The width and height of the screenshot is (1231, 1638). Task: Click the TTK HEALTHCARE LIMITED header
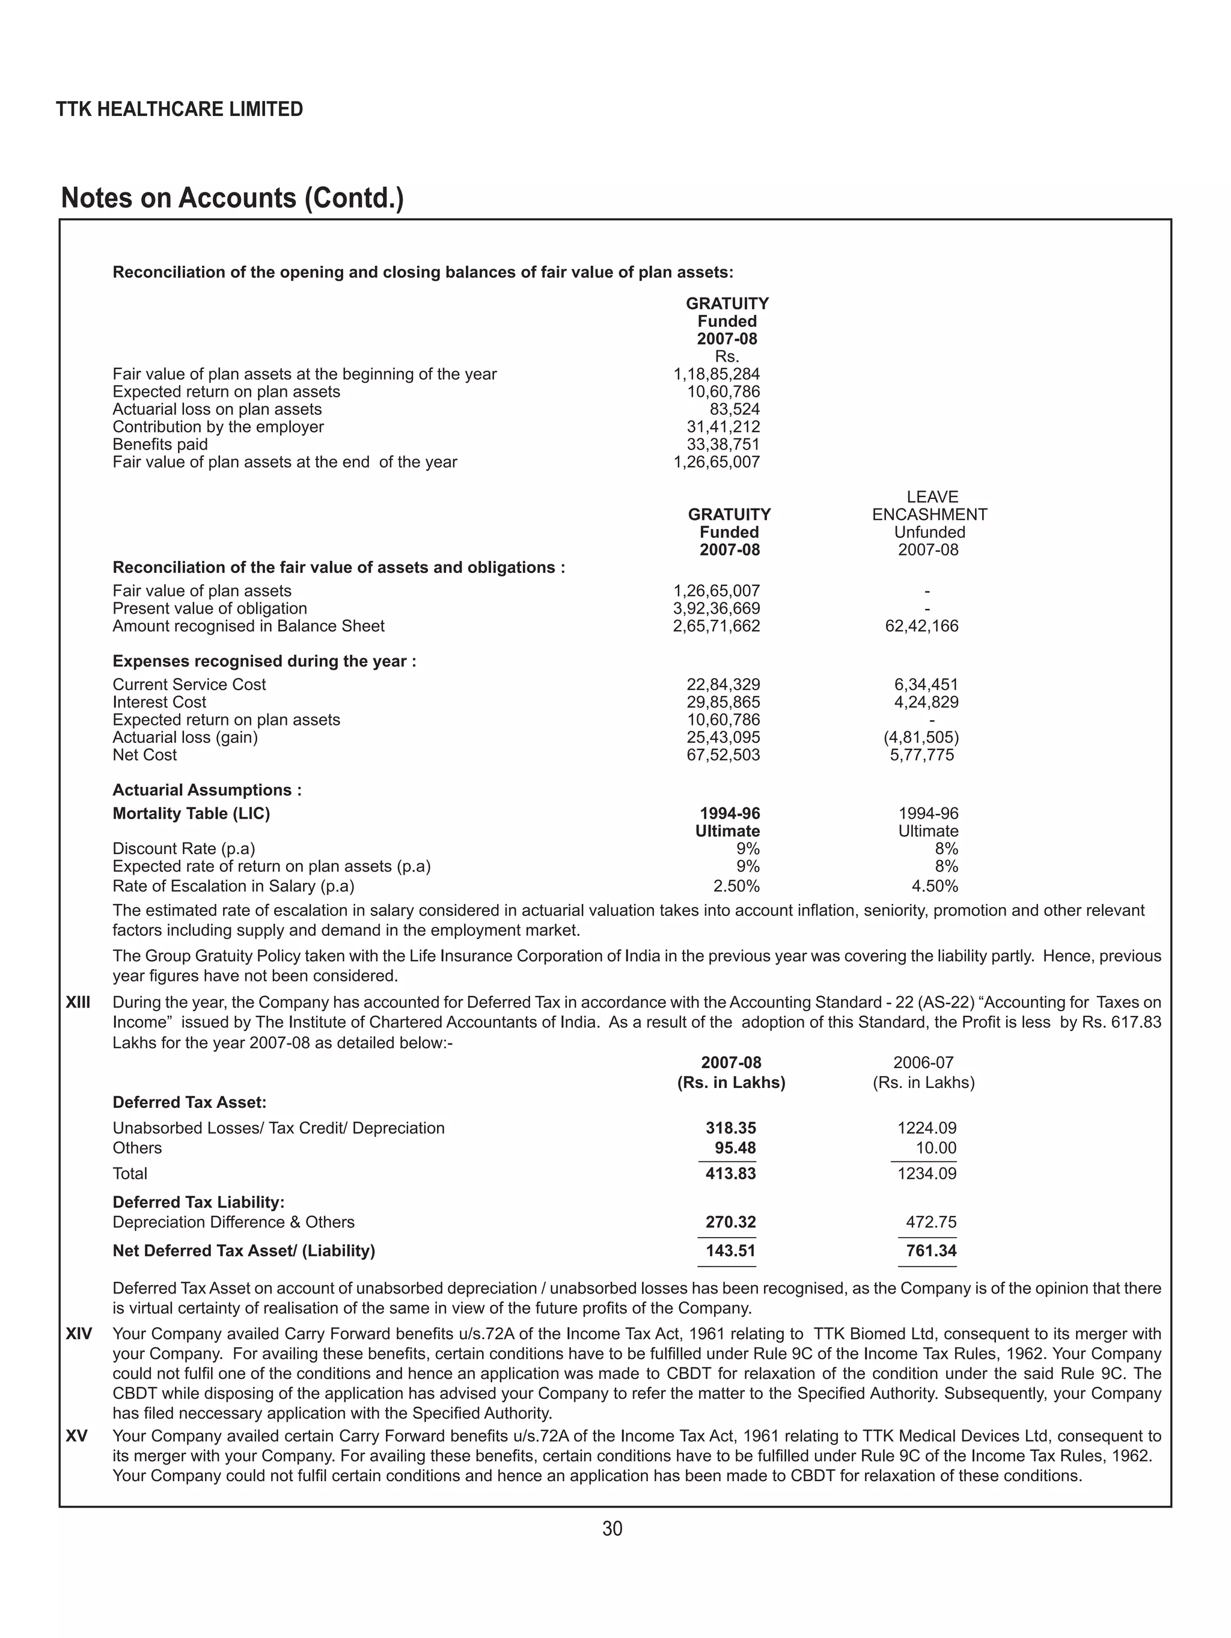[x=179, y=109]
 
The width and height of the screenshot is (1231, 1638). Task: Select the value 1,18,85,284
[x=716, y=374]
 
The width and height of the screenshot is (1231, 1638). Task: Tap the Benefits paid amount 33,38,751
[x=723, y=444]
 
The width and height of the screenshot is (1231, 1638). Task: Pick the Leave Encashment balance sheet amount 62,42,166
[x=921, y=626]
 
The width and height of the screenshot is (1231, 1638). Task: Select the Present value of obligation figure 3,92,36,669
[x=716, y=609]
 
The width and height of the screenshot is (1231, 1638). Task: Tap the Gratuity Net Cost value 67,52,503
[x=723, y=756]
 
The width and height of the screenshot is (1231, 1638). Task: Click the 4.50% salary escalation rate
[x=935, y=887]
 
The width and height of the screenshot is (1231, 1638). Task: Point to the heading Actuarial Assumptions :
[x=207, y=790]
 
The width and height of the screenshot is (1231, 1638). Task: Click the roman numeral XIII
[x=79, y=1003]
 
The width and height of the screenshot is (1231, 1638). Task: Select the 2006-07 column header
[x=923, y=1063]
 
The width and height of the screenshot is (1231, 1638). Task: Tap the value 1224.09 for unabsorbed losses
[x=927, y=1128]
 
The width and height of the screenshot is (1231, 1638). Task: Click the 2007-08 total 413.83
[x=730, y=1174]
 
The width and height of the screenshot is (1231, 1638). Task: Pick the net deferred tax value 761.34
[x=931, y=1251]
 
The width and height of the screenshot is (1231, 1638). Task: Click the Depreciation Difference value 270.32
[x=730, y=1222]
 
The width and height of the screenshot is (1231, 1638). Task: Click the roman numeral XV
[x=76, y=1436]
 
